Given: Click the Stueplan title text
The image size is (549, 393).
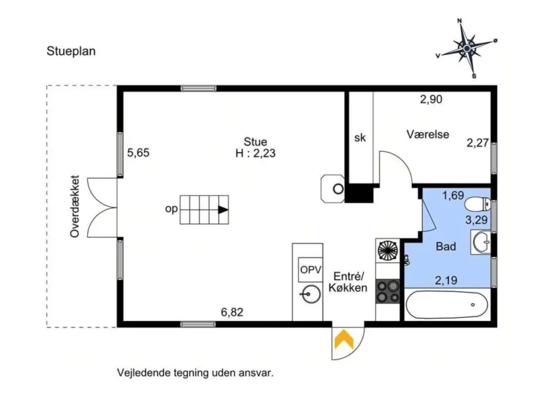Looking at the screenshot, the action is point(71,52).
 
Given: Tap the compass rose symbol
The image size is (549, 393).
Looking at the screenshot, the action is point(467,48).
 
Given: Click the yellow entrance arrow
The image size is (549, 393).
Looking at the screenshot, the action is point(344,339).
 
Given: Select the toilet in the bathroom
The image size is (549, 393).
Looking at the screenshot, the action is point(478,203).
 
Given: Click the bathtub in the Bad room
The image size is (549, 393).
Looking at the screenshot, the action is point(447,304).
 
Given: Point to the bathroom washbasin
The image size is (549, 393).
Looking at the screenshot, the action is point(481,242).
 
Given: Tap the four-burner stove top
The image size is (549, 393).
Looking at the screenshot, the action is point(388,291).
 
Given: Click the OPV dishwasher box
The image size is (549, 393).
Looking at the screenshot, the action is point(311,269).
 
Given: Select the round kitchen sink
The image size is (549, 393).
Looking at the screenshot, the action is point(311,294).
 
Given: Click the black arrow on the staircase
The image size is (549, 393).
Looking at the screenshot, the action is point(223,210).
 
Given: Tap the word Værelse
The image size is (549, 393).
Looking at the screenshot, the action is point(428,134).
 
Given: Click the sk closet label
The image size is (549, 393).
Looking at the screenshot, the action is point(360,138).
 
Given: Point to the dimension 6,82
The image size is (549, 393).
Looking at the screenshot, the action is point(232,312).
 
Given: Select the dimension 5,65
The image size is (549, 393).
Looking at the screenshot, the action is point(139,153).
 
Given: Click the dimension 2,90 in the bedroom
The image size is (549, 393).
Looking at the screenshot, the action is point(431,99).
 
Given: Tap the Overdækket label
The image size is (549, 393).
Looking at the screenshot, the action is point(75,207).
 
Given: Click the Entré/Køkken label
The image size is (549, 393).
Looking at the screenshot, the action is point(348,282).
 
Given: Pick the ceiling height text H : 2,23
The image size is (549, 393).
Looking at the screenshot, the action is point(255,153).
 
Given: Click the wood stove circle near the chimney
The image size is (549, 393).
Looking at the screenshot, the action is point(338,190).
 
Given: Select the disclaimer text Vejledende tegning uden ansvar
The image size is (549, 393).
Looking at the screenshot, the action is point(195,372).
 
